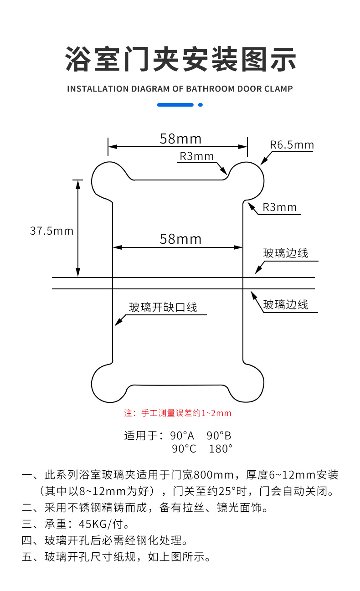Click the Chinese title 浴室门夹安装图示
(180, 58)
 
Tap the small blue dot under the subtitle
(200, 105)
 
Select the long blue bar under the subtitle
(175, 105)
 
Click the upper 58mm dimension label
(180, 138)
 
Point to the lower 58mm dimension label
(180, 239)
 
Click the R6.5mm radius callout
(292, 145)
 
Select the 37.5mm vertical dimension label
(51, 231)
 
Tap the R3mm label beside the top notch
(196, 156)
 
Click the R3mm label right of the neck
(279, 207)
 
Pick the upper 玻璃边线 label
(286, 253)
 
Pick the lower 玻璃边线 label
(286, 304)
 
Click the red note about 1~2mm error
(178, 413)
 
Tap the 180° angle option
(221, 449)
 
